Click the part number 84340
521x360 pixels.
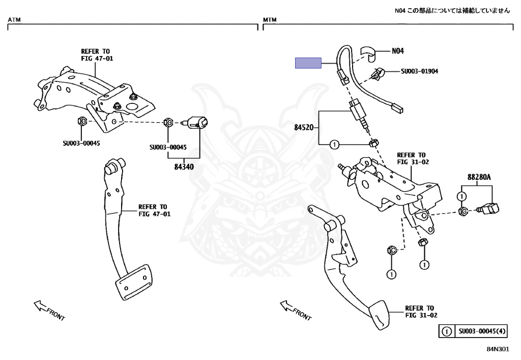point(184,167)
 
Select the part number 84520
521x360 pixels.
point(304,127)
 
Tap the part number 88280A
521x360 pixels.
point(479,177)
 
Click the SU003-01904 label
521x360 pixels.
point(419,71)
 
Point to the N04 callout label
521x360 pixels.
point(398,51)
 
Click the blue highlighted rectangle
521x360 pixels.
point(308,63)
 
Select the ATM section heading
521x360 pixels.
point(14,20)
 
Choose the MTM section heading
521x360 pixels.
point(270,20)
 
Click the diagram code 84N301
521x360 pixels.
point(498,349)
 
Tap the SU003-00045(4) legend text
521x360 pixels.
point(482,331)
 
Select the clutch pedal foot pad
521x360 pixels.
point(379,315)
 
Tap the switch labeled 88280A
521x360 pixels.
point(488,209)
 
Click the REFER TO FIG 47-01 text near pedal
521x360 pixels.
point(154,210)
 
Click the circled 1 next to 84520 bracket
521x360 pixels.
point(334,145)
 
